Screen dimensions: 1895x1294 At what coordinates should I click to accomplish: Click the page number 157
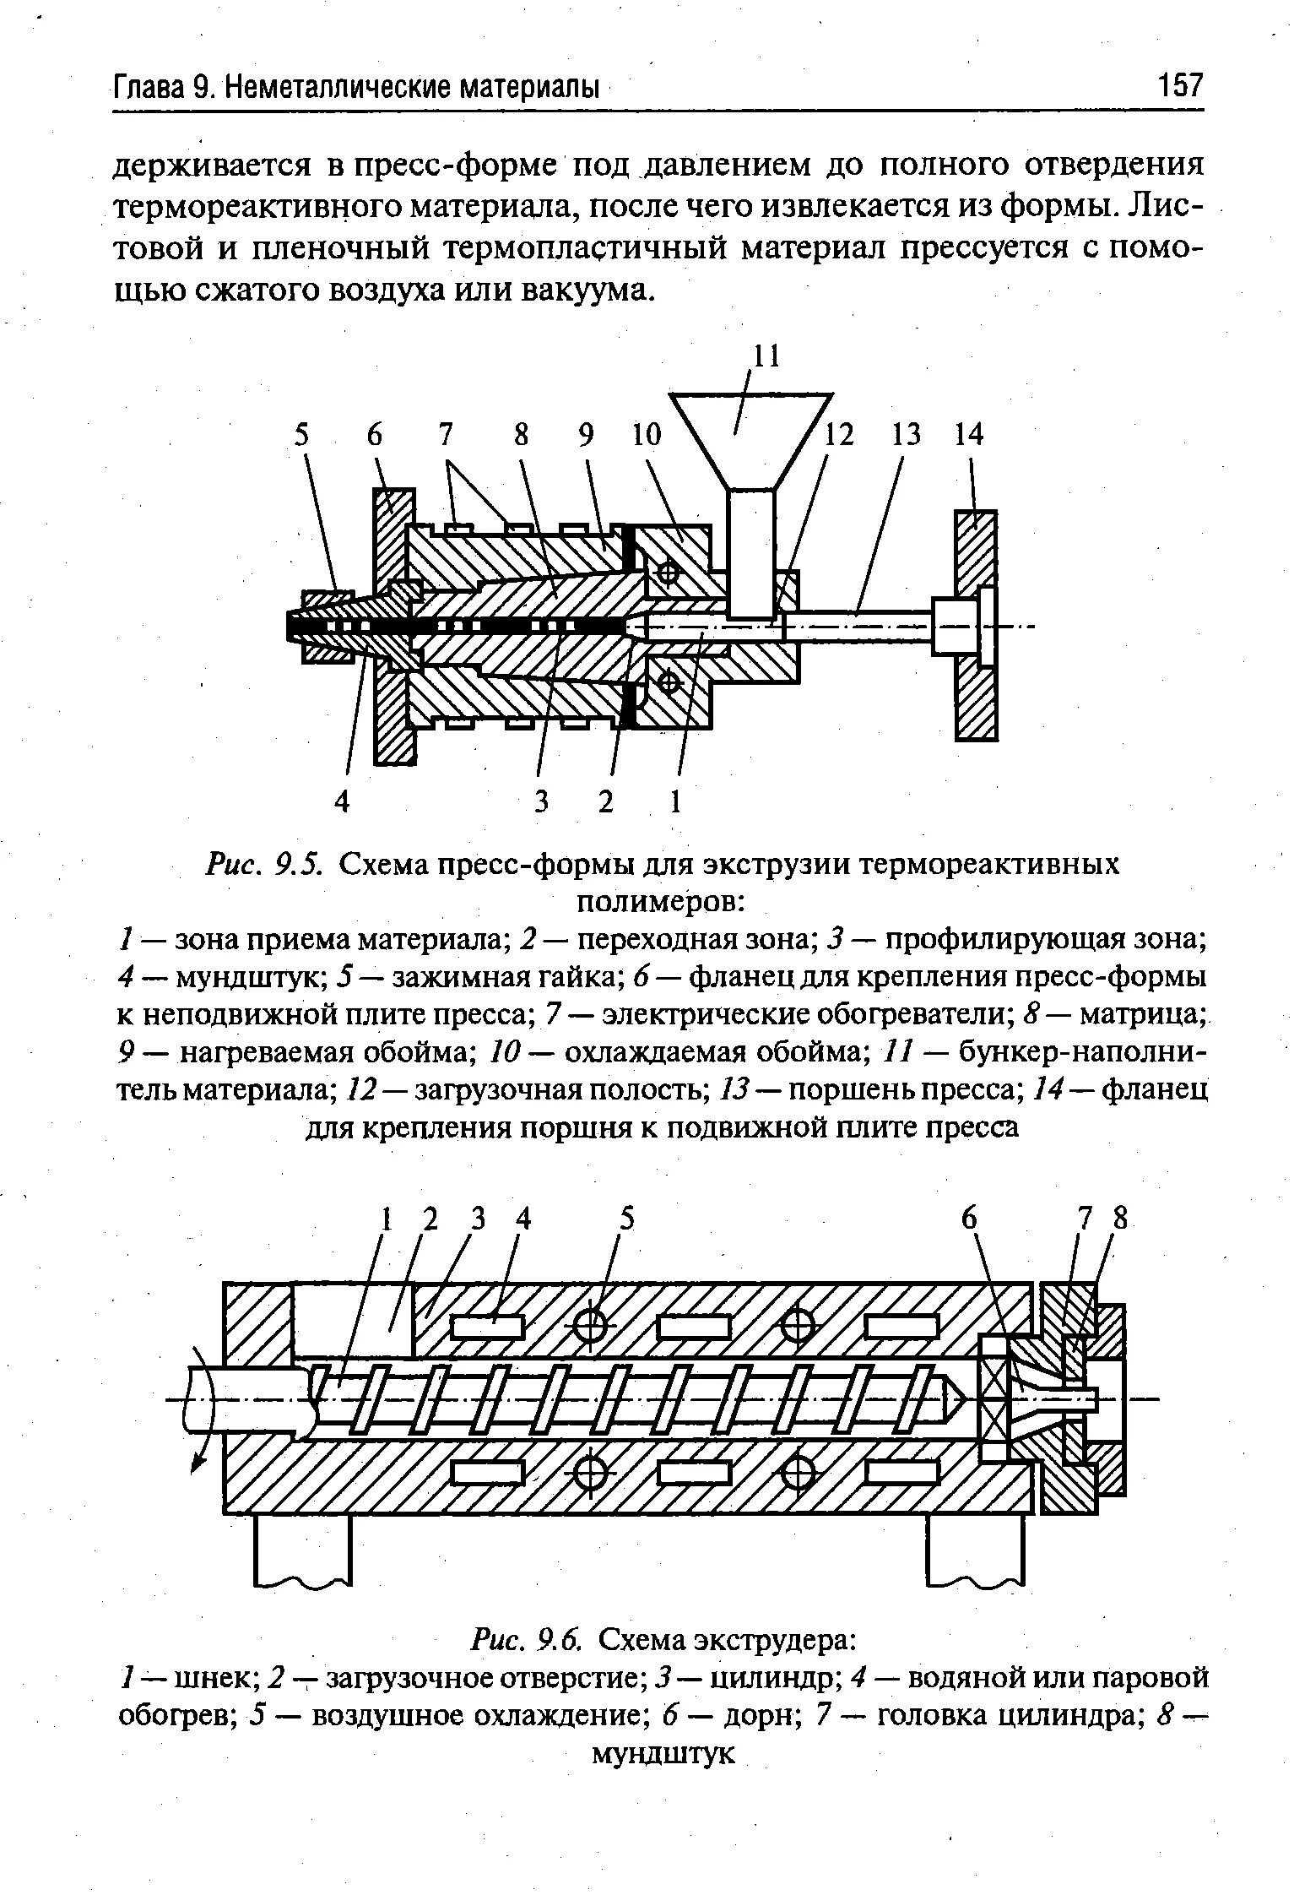[1178, 86]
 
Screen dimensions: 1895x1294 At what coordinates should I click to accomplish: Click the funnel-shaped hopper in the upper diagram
[750, 440]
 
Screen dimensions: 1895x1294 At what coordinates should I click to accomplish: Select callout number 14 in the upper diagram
[969, 436]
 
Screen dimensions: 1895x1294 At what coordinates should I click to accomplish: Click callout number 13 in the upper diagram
[907, 436]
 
